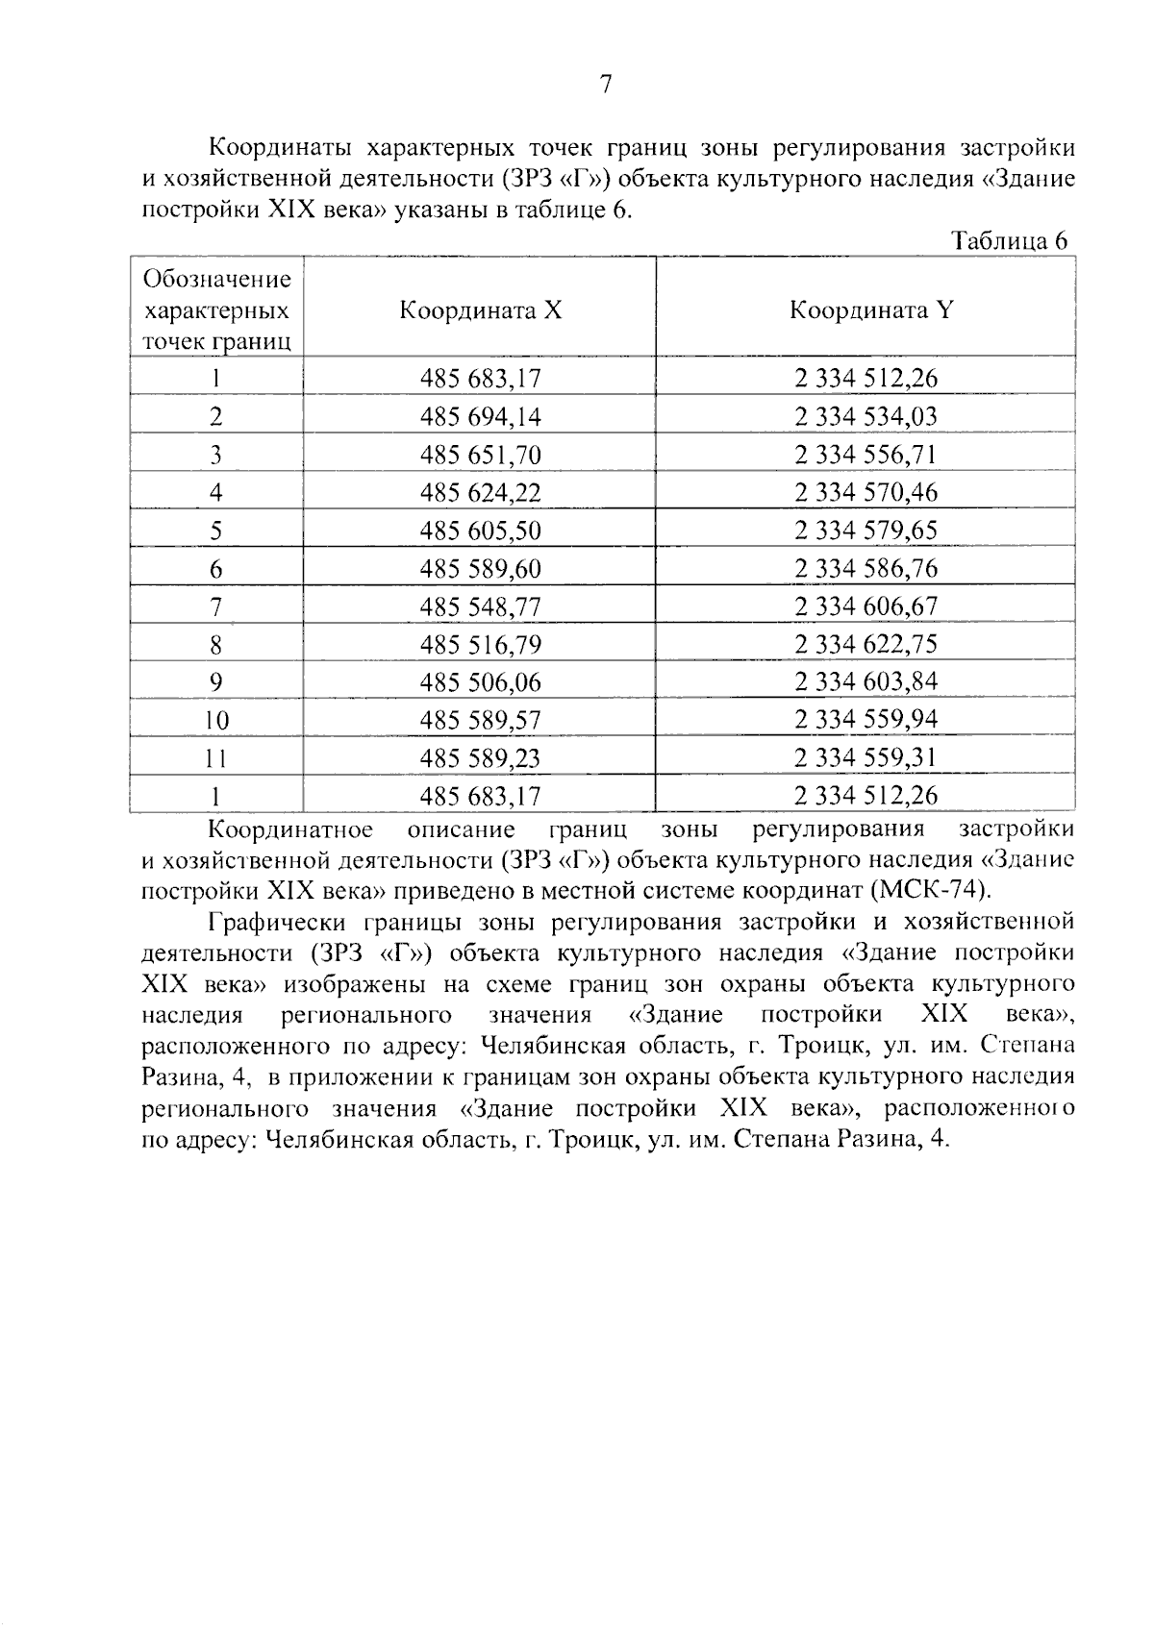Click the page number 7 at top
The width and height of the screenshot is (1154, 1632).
[x=606, y=85]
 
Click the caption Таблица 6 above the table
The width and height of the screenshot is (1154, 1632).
[x=1009, y=241]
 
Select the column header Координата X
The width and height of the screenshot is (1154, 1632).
[x=480, y=310]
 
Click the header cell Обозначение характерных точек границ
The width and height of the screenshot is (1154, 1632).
[x=216, y=310]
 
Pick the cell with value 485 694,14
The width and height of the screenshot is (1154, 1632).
[x=480, y=416]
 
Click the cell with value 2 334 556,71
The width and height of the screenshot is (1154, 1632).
[x=865, y=454]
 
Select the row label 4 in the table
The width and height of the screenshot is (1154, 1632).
[x=216, y=492]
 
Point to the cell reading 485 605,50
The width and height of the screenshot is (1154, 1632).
[x=480, y=531]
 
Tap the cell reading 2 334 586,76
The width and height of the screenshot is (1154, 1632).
[x=865, y=568]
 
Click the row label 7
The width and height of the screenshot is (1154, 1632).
[x=216, y=606]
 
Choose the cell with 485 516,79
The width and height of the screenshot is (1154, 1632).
[x=480, y=644]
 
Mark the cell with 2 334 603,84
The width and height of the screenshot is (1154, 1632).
[x=865, y=681]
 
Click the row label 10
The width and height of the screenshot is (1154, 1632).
[x=216, y=720]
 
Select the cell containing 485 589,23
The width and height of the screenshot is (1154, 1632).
[x=480, y=758]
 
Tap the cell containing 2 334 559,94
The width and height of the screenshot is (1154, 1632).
[x=865, y=720]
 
